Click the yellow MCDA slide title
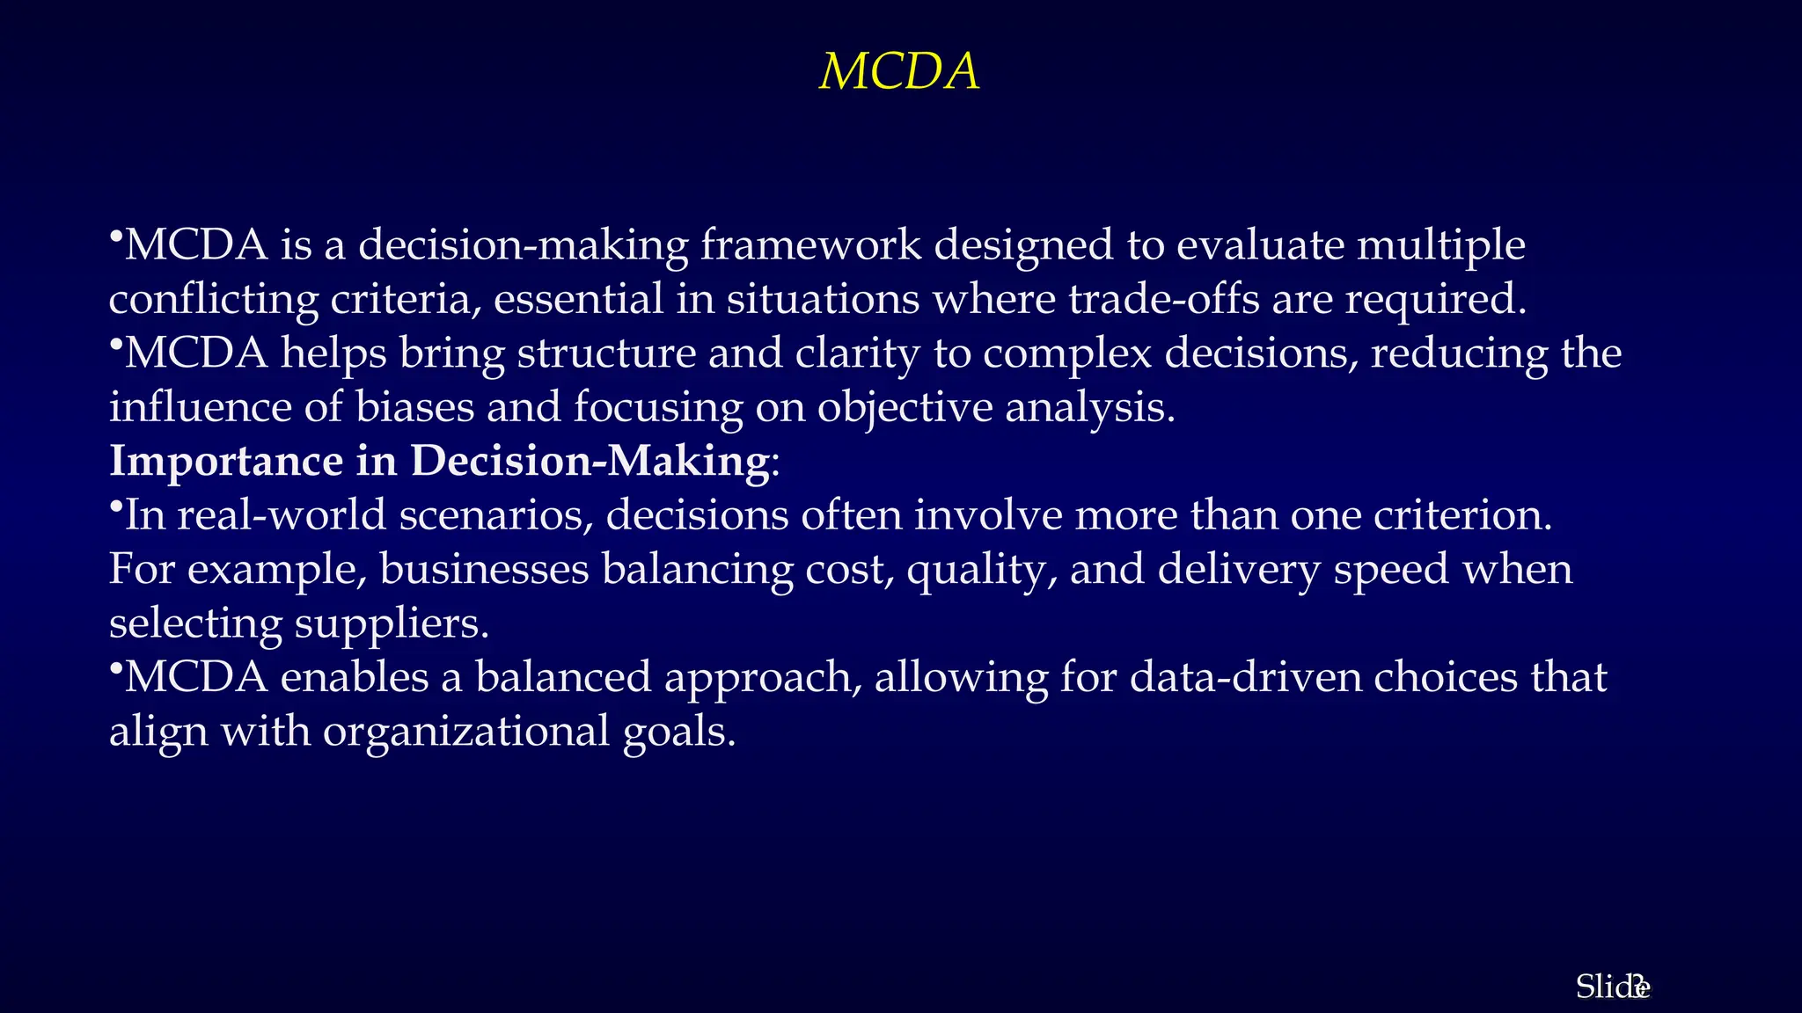click(x=899, y=72)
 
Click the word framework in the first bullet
click(x=810, y=245)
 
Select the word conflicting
click(x=213, y=301)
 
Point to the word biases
click(x=414, y=407)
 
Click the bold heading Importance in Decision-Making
click(x=439, y=461)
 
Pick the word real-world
click(x=282, y=515)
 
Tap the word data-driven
click(x=1245, y=677)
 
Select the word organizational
click(x=465, y=732)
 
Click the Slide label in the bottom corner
click(x=1610, y=987)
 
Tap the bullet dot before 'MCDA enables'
click(x=115, y=669)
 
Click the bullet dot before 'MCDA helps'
click(x=115, y=345)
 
